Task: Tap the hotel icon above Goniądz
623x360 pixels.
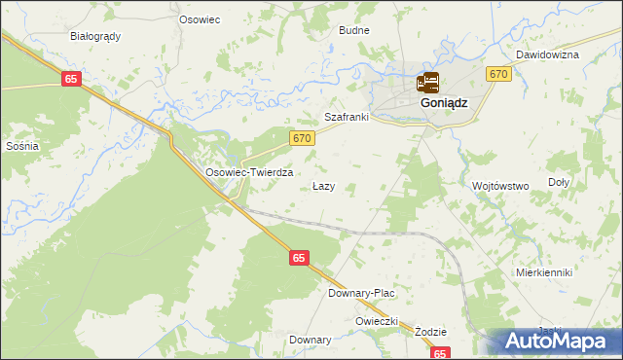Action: coord(428,83)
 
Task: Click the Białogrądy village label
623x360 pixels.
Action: coord(95,36)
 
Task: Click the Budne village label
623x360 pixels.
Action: coord(354,30)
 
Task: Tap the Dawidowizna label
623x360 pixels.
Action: coord(547,54)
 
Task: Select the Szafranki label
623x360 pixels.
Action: coord(347,117)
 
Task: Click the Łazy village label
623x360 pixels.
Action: coord(323,185)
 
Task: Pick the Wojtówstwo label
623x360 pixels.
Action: coord(499,185)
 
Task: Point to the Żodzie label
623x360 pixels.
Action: coord(429,331)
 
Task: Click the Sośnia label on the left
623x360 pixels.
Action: coord(21,146)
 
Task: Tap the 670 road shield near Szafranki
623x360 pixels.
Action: coord(302,139)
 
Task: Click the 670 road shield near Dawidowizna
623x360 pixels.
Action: coord(498,75)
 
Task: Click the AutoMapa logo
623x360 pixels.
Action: coord(559,342)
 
